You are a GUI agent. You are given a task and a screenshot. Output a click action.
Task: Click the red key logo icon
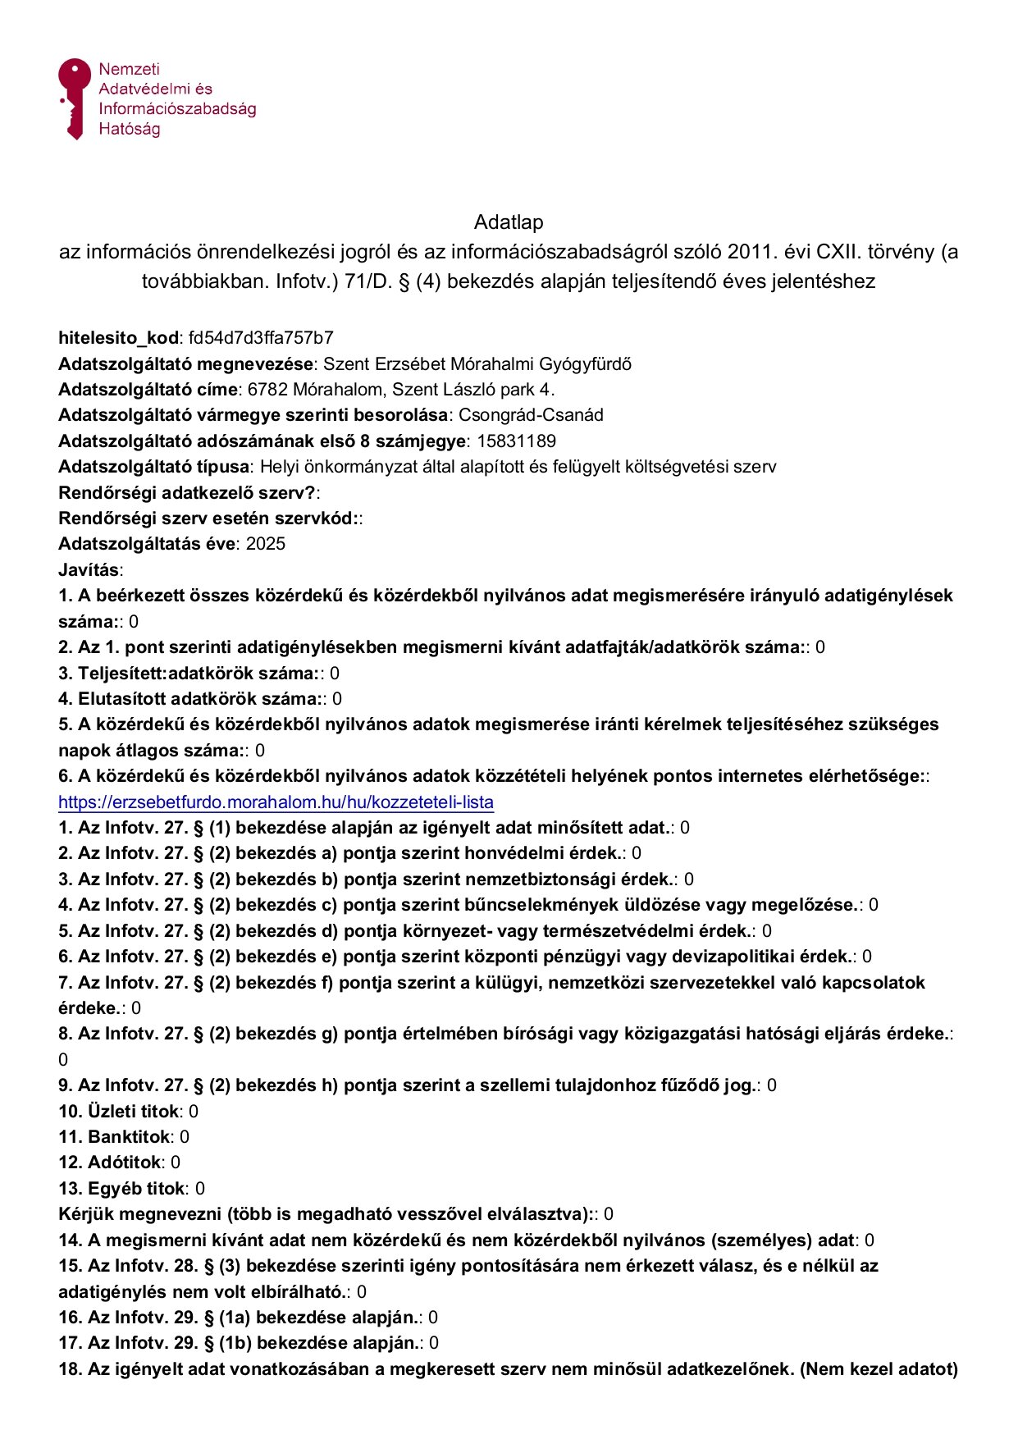coord(74,97)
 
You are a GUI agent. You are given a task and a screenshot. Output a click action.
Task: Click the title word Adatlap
coord(509,222)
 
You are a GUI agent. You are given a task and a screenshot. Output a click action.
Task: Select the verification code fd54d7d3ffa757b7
coord(261,338)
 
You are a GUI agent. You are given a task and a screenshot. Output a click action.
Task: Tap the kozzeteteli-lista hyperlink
coord(276,802)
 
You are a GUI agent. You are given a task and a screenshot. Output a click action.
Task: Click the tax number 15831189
coord(516,441)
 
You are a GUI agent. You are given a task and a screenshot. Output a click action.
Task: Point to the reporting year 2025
coord(266,544)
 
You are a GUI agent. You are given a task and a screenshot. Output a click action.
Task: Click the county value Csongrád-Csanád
coord(531,415)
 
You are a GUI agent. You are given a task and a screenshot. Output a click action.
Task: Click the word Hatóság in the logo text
coord(129,129)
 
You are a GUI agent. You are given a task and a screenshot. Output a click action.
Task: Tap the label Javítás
coord(89,569)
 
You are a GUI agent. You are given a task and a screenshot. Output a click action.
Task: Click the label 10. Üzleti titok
coord(119,1112)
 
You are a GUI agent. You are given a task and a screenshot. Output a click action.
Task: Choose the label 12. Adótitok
coord(110,1163)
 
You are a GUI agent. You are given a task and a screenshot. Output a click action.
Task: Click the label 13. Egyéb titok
coord(122,1189)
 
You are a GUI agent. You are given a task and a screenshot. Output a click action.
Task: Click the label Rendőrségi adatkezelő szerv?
coord(187,493)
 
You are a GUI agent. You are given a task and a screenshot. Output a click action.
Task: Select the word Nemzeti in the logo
coord(129,70)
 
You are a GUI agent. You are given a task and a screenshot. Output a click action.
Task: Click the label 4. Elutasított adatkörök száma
coord(189,699)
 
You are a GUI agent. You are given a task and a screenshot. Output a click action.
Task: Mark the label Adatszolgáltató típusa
coord(153,467)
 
